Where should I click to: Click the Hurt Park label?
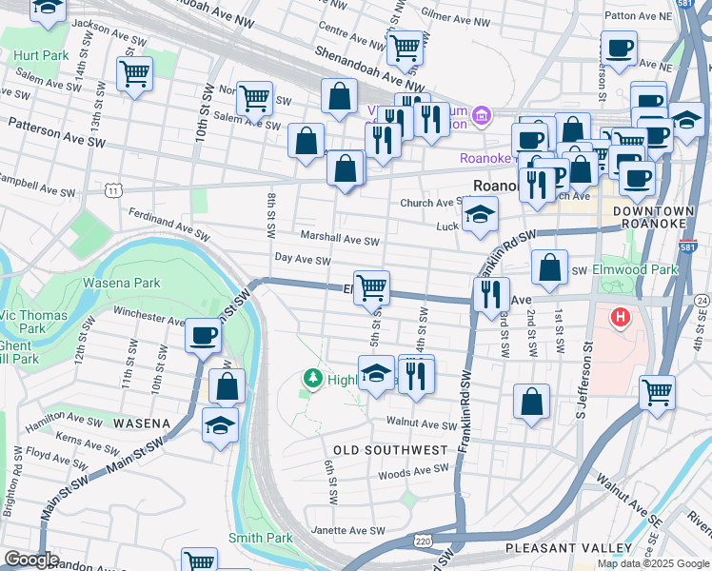click(x=40, y=55)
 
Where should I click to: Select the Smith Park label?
click(x=260, y=538)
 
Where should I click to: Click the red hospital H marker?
click(x=621, y=317)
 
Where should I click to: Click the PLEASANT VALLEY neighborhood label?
click(x=568, y=548)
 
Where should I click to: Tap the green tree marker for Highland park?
click(x=311, y=380)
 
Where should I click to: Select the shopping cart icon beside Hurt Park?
click(x=134, y=73)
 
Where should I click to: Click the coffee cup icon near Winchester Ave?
click(x=203, y=336)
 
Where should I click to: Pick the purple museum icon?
click(x=482, y=116)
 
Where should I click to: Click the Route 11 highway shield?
click(x=113, y=191)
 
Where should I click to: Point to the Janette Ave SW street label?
click(x=349, y=530)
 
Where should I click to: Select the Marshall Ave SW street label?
click(x=340, y=235)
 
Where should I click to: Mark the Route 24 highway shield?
click(x=702, y=301)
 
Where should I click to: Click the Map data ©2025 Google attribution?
click(x=653, y=563)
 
